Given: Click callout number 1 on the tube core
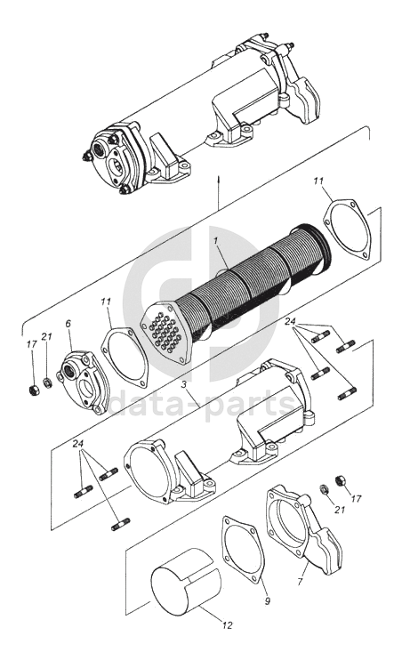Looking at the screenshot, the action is click(216, 241).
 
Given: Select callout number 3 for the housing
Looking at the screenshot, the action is click(183, 384).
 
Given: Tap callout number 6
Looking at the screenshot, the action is click(68, 323).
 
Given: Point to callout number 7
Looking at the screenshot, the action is click(301, 581).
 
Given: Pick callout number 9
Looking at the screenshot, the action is click(268, 600).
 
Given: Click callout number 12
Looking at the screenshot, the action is click(228, 624).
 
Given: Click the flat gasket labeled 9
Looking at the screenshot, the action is click(244, 550).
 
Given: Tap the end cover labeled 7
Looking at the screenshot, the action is click(303, 529).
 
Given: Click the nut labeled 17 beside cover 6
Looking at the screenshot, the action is click(32, 390).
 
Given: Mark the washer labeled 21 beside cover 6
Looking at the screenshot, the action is click(48, 382).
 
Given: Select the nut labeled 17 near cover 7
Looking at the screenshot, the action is click(341, 480).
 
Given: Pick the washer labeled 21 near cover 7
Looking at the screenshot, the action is click(325, 489).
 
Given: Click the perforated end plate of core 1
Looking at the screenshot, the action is click(166, 332).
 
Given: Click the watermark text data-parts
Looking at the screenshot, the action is click(203, 402).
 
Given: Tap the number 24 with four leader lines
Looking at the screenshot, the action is click(291, 321).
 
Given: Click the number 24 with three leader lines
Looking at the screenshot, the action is click(78, 444).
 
